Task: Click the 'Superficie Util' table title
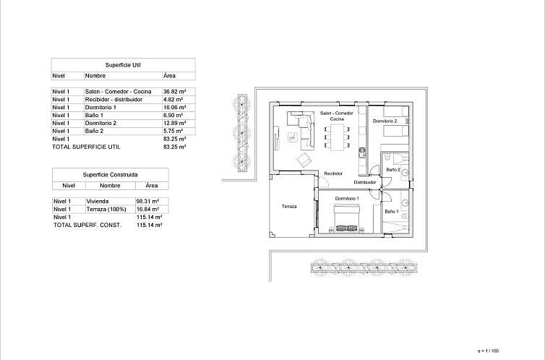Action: (122, 64)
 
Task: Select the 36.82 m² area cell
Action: (175, 92)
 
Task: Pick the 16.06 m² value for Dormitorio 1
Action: (175, 108)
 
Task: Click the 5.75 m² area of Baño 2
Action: (174, 131)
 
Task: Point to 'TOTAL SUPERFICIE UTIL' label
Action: (86, 147)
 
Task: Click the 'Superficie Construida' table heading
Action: (110, 174)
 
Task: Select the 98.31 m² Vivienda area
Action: (147, 202)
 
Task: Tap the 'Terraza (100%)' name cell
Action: (106, 210)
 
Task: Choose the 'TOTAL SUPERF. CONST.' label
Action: (87, 226)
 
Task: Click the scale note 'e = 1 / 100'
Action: (489, 351)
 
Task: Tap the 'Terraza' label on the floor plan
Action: (289, 207)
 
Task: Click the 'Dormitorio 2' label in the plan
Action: (385, 121)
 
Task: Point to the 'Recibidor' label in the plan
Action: (332, 173)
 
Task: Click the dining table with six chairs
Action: (337, 134)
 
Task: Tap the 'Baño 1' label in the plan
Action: (391, 211)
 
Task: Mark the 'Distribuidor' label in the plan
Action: (365, 183)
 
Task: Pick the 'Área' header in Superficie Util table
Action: (169, 75)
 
